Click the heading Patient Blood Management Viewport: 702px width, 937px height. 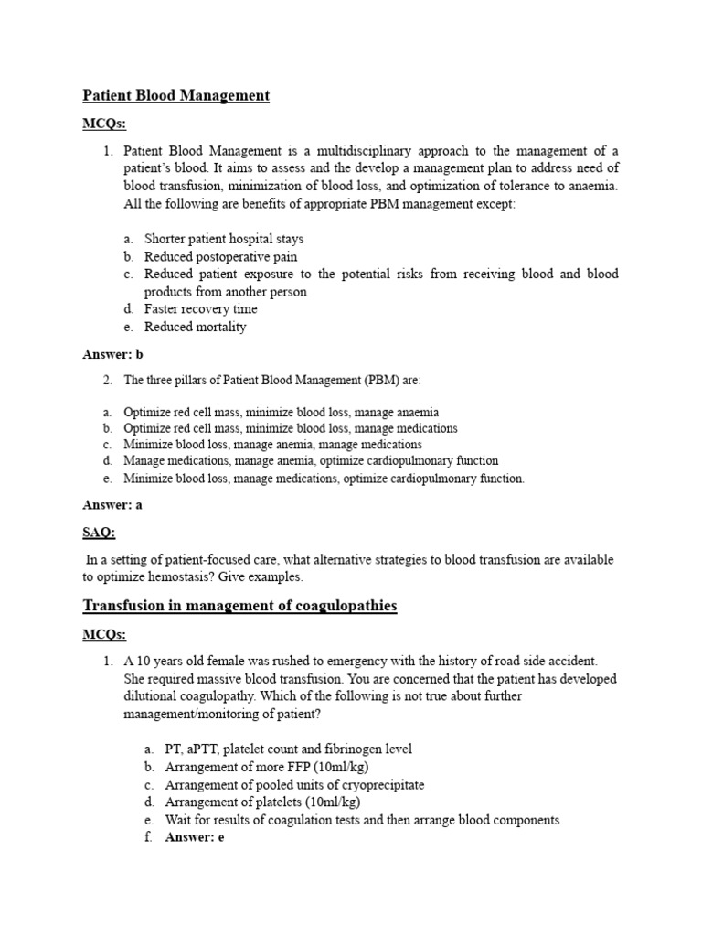[175, 95]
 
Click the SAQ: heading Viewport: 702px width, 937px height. [99, 532]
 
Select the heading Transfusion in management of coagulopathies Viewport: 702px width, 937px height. [239, 606]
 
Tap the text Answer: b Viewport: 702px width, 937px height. [113, 354]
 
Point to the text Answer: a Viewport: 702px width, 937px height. [112, 504]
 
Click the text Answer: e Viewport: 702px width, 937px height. [195, 836]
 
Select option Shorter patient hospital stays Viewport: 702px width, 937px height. [224, 240]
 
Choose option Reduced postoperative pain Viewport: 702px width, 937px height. [220, 257]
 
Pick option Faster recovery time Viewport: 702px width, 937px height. [200, 309]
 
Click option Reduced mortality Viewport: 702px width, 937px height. [195, 327]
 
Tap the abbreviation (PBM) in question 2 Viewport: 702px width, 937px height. [319, 380]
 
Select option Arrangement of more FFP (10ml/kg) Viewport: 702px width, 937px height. [267, 767]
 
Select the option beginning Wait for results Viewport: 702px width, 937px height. [362, 820]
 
